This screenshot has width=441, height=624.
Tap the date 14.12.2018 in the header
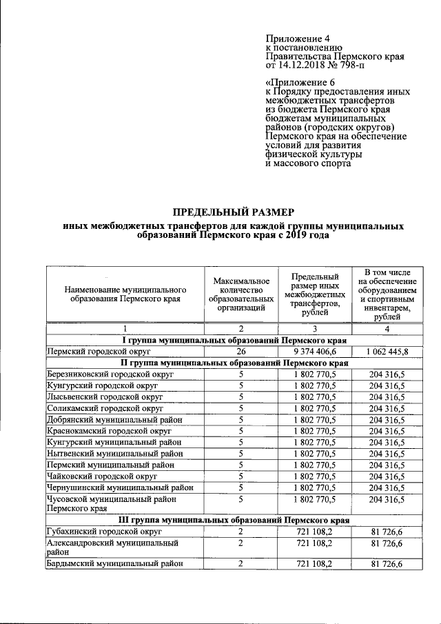click(300, 66)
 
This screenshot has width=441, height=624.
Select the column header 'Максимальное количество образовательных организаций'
click(240, 294)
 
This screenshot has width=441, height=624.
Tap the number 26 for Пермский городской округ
click(240, 351)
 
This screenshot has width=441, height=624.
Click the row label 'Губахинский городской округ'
click(103, 532)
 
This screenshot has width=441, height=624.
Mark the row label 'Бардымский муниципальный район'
click(114, 564)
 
